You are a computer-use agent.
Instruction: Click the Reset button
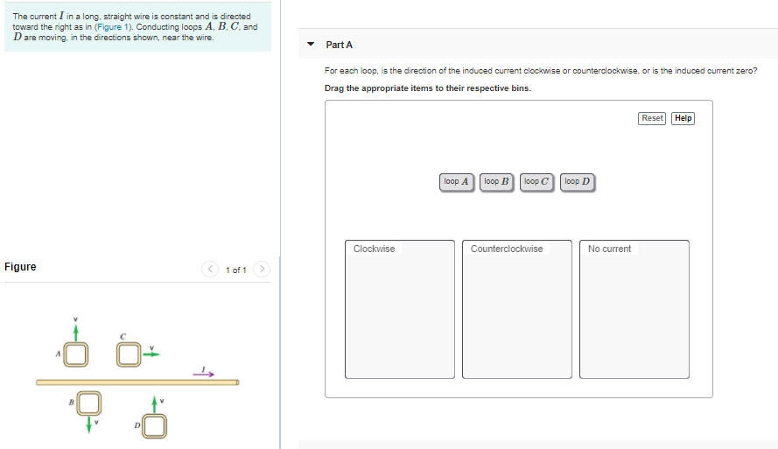651,118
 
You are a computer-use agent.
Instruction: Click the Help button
683,118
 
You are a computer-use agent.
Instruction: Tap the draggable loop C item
536,181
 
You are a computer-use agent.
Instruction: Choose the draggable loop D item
578,181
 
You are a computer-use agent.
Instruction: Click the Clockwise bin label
374,249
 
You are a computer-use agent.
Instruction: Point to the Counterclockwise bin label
507,249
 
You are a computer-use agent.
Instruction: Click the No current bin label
609,249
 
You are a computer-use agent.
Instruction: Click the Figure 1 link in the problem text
113,27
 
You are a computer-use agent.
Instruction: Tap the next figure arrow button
262,269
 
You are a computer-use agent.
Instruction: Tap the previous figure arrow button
210,269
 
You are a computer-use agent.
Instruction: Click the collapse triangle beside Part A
311,44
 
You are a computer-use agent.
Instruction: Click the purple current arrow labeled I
203,374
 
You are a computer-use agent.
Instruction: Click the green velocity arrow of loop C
151,354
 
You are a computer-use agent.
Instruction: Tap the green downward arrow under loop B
88,424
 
